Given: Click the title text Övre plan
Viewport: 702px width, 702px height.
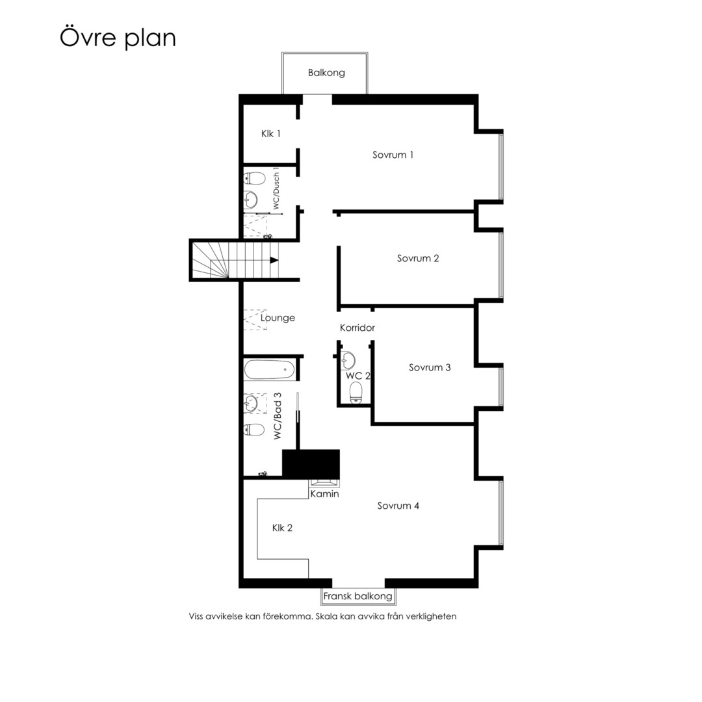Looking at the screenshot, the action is pos(118,38).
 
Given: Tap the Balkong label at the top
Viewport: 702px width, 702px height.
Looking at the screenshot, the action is pos(326,73).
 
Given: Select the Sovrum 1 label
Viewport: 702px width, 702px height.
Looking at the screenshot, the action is pos(393,155).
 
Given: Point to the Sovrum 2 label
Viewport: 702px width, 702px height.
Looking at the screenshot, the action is pos(418,258).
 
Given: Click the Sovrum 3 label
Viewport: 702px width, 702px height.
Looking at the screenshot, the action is pos(430,367).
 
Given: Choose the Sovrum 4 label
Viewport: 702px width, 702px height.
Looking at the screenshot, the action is pos(398,506).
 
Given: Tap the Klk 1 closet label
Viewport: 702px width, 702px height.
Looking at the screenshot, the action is pos(271,133).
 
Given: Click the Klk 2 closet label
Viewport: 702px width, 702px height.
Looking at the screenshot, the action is pos(282,528).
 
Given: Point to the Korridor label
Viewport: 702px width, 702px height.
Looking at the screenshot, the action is pos(357,328).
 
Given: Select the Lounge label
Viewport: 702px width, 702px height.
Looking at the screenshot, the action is pos(278,318).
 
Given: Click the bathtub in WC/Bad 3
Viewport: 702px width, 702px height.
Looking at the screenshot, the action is pos(270,370).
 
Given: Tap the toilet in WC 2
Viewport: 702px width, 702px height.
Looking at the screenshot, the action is pos(356,393).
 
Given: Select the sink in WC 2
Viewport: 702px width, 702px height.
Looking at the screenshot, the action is pos(348,360).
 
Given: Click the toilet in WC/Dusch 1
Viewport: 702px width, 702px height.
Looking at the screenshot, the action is pos(255,179).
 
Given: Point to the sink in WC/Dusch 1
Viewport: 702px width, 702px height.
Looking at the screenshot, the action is pos(251,200).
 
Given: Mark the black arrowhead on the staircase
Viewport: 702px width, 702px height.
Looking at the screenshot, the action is pos(274,260).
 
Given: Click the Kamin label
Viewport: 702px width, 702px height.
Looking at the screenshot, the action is pos(324,494).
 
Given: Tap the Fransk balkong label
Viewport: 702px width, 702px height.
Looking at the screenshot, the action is pos(357,596).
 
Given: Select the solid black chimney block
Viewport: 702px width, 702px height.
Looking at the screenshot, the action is pos(311,464).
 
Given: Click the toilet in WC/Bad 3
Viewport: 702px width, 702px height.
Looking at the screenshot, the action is pos(255,430).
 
